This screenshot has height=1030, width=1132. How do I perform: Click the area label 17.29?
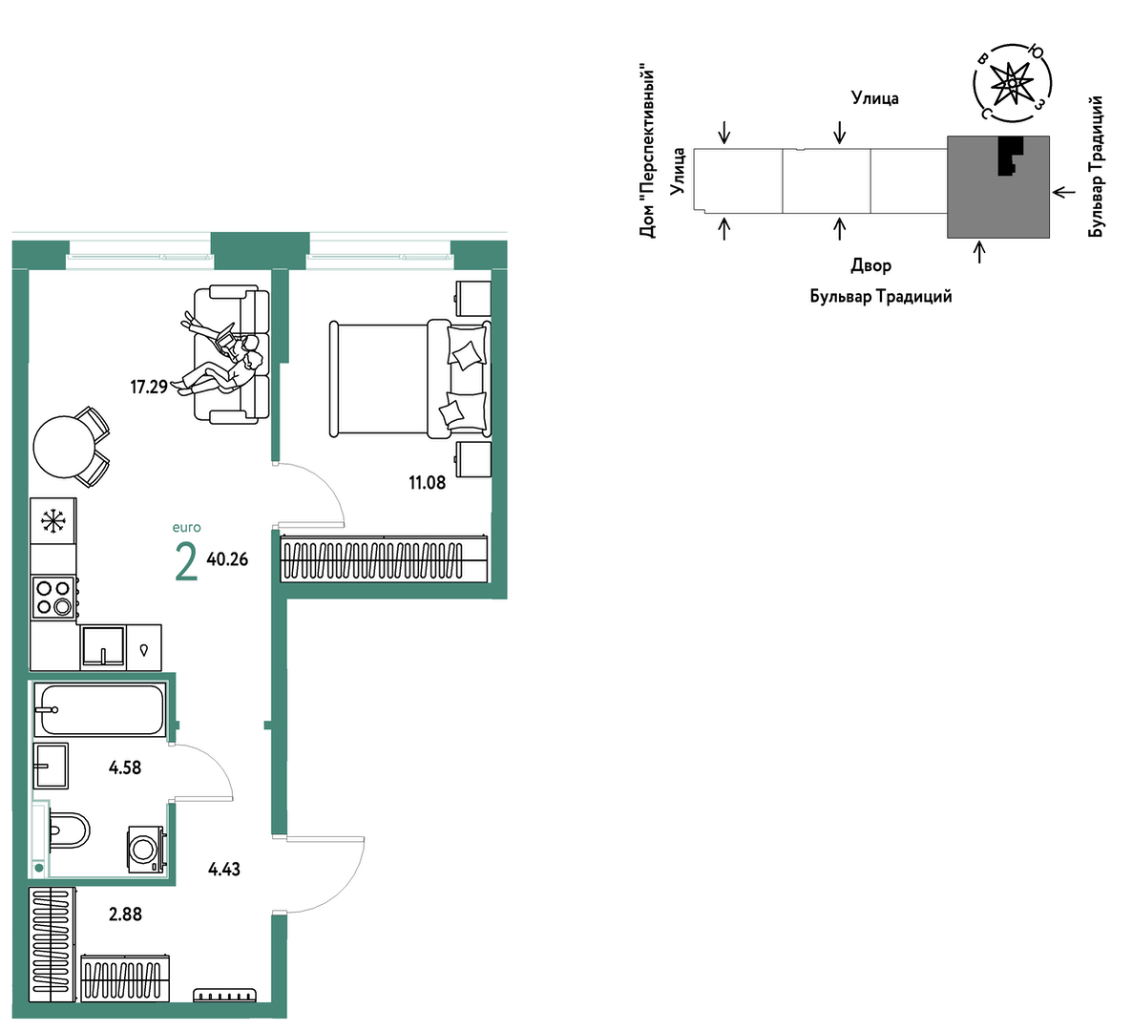(x=149, y=387)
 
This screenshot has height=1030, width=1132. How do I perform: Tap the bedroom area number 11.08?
(x=428, y=483)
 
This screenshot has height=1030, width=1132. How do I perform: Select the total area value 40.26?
(x=227, y=559)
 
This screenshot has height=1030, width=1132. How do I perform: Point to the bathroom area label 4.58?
(x=125, y=768)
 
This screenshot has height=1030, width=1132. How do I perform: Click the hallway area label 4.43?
(x=223, y=870)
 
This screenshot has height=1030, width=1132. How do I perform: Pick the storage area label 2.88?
(x=126, y=914)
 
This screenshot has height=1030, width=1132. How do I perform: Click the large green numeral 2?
(x=186, y=562)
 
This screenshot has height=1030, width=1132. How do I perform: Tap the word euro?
(x=186, y=528)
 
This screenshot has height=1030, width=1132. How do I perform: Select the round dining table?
(x=64, y=447)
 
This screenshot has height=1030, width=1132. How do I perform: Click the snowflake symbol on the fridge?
(x=52, y=521)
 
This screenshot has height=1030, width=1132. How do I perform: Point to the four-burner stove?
(x=54, y=597)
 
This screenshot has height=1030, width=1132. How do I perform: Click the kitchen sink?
(x=102, y=645)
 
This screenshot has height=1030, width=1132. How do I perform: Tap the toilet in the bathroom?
(x=69, y=830)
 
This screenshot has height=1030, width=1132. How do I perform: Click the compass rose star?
(x=1012, y=84)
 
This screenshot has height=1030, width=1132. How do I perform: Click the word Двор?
(x=870, y=265)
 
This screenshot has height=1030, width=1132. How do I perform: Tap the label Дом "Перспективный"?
(x=647, y=153)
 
